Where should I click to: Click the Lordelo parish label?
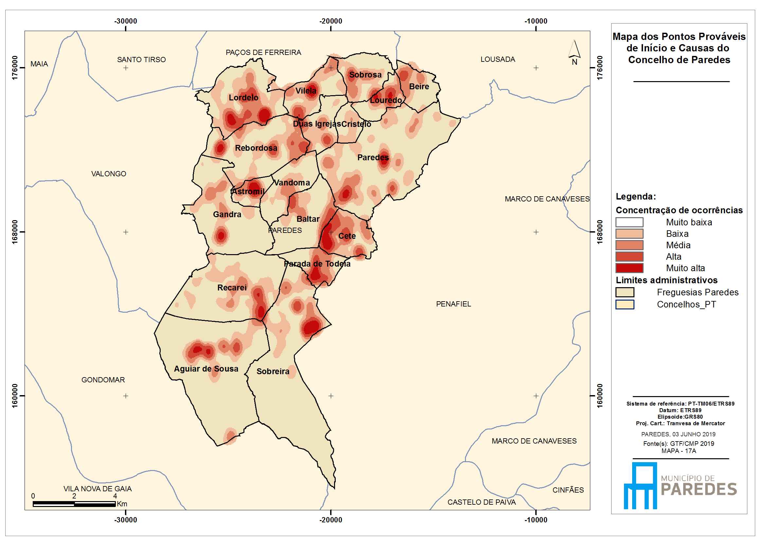click(x=243, y=97)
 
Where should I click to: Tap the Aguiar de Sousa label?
click(x=206, y=369)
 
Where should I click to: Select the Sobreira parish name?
click(x=273, y=372)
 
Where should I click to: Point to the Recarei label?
click(x=232, y=288)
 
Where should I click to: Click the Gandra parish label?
click(x=227, y=214)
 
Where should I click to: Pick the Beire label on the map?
click(x=419, y=87)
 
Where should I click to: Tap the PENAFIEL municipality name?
click(x=454, y=304)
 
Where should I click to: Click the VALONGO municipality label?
click(x=109, y=174)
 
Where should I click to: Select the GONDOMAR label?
click(x=103, y=380)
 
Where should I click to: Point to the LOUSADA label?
click(x=498, y=59)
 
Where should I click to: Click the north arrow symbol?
click(x=575, y=53)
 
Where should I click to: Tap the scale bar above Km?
click(x=74, y=504)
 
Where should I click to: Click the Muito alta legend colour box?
click(x=629, y=268)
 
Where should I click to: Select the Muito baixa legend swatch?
click(x=629, y=222)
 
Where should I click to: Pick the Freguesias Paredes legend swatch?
click(x=625, y=292)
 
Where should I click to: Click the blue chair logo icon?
click(x=640, y=486)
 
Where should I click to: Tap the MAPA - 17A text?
click(x=679, y=451)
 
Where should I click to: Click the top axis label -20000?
click(x=330, y=21)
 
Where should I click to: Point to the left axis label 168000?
click(x=15, y=232)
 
